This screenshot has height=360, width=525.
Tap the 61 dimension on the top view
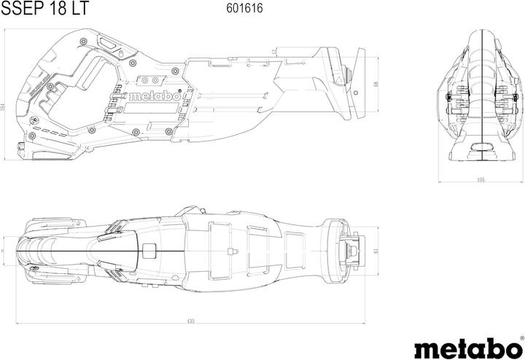click(376, 251)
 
